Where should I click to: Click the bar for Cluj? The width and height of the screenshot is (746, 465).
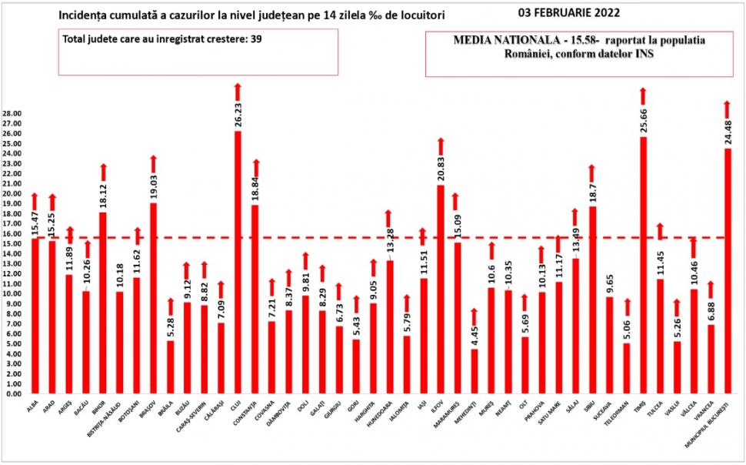pos(238,262)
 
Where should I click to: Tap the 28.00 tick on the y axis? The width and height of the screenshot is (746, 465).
pos(12,113)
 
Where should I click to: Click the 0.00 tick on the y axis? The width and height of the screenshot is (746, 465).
pos(13,393)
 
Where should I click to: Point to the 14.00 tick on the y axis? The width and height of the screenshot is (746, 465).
pos(12,253)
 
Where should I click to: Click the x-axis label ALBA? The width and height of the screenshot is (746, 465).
pos(32,404)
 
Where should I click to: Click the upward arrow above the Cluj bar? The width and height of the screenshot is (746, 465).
pos(238,92)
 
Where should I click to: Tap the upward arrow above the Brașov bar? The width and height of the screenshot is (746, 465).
pos(153,163)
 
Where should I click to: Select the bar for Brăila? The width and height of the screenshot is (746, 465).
pos(171,366)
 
